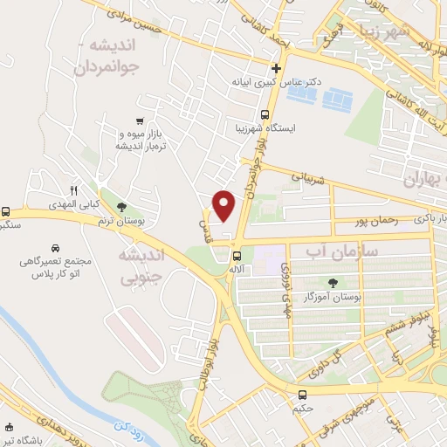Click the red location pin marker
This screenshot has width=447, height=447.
(224, 206)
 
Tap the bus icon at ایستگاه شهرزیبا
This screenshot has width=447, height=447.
(265, 113)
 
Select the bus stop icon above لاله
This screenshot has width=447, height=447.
(237, 256)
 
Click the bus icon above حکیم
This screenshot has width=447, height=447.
(301, 394)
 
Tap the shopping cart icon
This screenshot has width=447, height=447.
(140, 120)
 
